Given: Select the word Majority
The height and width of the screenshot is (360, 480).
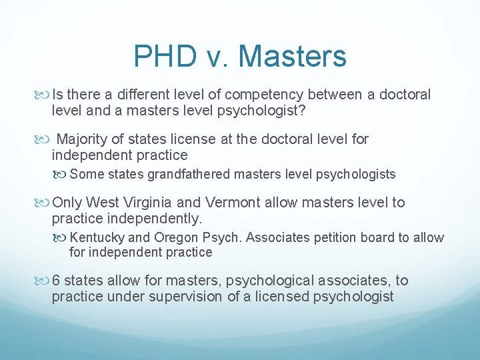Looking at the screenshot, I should tap(83, 139).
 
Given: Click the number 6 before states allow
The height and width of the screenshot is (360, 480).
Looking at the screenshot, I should tap(57, 281).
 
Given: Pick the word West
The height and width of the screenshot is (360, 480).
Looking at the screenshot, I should tap(103, 203).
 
